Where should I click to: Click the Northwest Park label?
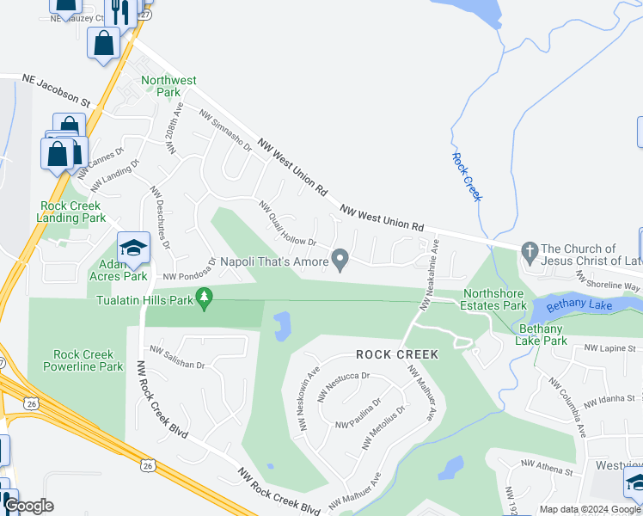[x=168, y=86]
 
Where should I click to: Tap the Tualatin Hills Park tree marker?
[x=204, y=299]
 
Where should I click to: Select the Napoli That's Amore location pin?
[x=340, y=259]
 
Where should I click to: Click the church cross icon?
[x=530, y=250]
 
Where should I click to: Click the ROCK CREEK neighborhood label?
[x=398, y=354]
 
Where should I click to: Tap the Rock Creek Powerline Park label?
[x=88, y=360]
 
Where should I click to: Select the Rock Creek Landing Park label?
[x=70, y=212]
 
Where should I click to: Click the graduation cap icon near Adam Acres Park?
[x=133, y=249]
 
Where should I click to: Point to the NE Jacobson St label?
[x=55, y=89]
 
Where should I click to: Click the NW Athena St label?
[x=547, y=470]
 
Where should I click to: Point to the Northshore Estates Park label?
[x=494, y=298]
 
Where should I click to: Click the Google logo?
[x=28, y=507]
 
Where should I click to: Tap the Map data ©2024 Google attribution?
[x=589, y=509]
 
